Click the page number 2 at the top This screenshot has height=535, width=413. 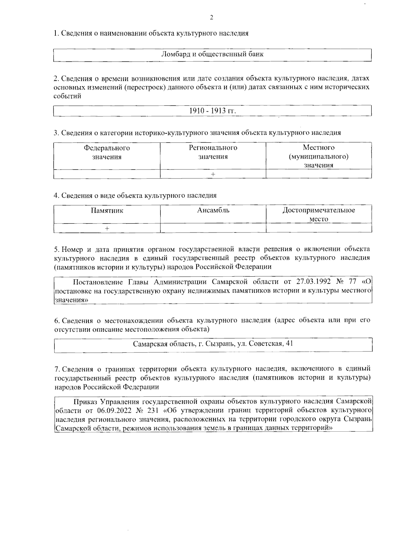tap(211, 18)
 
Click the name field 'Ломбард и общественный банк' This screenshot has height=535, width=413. tap(212, 54)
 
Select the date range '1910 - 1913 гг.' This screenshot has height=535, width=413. tap(212, 111)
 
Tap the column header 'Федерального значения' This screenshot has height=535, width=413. tap(107, 152)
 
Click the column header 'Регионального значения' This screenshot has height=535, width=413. tap(213, 152)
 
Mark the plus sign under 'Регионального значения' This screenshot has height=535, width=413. tap(213, 174)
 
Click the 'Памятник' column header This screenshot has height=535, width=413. tap(107, 210)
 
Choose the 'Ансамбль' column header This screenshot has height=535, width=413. tap(213, 210)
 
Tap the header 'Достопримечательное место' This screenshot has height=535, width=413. tap(318, 214)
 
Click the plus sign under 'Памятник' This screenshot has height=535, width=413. tap(107, 228)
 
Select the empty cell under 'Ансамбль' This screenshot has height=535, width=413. tap(213, 228)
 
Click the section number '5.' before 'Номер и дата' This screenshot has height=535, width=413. tap(57, 249)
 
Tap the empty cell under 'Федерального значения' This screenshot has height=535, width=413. tap(107, 174)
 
